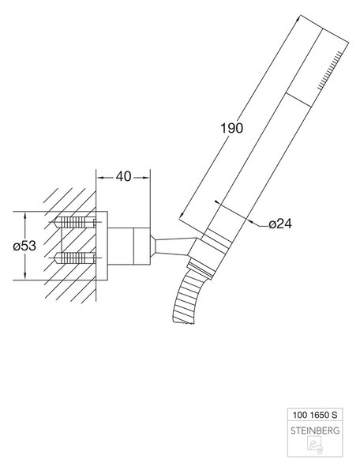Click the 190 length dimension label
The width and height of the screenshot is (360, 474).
[x=231, y=128]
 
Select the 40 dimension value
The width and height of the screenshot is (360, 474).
[x=123, y=176]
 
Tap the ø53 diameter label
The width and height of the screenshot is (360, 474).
[x=24, y=246]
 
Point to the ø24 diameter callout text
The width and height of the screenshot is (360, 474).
[x=280, y=224]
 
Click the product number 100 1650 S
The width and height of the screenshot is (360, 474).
[x=314, y=415]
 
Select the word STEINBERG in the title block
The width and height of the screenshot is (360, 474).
[x=315, y=431]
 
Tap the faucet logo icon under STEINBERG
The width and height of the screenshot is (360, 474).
[x=315, y=445]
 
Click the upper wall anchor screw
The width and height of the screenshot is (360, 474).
[x=75, y=223]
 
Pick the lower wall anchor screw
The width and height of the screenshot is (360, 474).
[x=75, y=258]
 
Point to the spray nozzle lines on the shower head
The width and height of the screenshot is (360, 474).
[x=330, y=70]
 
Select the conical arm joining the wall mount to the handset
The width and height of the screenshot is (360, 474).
[x=172, y=246]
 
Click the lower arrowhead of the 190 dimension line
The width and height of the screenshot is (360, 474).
[x=182, y=215]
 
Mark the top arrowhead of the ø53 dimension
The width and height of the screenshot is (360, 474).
[x=25, y=215]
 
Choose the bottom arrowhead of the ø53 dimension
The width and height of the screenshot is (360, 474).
[x=25, y=276]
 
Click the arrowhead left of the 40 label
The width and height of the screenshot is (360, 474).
[x=100, y=178]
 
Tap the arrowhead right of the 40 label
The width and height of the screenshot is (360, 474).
[x=146, y=178]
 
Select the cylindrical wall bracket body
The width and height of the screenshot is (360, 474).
[x=129, y=246]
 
